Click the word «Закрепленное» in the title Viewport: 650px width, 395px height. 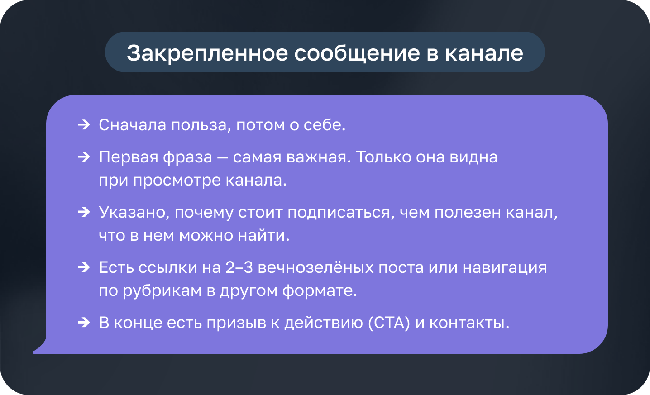207,53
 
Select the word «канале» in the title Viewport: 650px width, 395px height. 484,53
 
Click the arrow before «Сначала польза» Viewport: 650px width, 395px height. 84,125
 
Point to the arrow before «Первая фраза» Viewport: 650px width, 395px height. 84,157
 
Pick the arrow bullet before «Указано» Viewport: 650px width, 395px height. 84,212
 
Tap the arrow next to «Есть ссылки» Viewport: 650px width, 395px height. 84,267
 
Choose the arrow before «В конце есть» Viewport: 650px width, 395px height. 84,322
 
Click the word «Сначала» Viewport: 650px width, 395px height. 133,125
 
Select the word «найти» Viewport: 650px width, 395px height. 264,235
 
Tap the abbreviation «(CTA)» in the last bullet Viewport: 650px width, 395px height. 389,323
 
